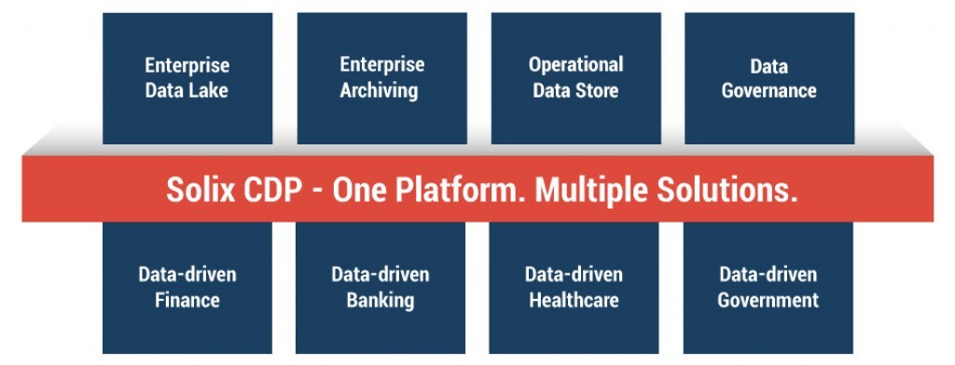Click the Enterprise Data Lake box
click(x=187, y=78)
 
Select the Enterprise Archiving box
click(x=381, y=78)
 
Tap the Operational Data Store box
click(x=575, y=78)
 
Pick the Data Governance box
click(x=768, y=78)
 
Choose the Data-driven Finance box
click(x=187, y=288)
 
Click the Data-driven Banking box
click(x=381, y=288)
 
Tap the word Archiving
click(x=379, y=91)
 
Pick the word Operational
click(x=575, y=65)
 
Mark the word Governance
click(x=768, y=91)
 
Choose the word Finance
click(x=187, y=301)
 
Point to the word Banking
click(x=381, y=301)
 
